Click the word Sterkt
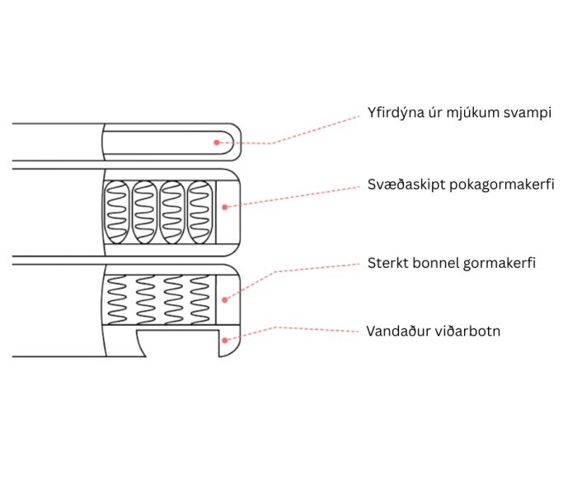click(x=387, y=264)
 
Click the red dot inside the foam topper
click(x=217, y=142)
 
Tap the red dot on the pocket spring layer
click(x=224, y=206)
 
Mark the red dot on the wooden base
click(x=225, y=338)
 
